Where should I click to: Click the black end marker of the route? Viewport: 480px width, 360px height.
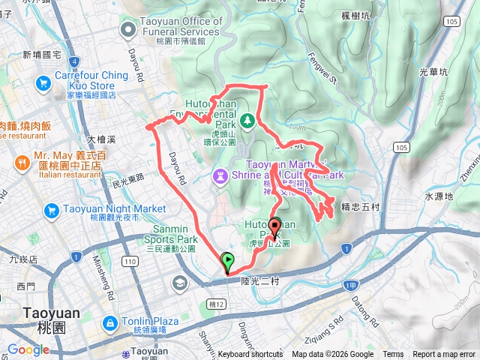[x=275, y=226]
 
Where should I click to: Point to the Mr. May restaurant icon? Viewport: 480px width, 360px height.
[x=22, y=160]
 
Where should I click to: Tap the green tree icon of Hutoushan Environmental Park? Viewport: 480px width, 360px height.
[x=247, y=120]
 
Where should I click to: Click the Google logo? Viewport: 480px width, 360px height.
[x=28, y=349]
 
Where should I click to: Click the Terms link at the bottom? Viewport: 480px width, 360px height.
[x=393, y=355]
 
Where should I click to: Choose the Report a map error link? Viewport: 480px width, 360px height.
[x=444, y=355]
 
